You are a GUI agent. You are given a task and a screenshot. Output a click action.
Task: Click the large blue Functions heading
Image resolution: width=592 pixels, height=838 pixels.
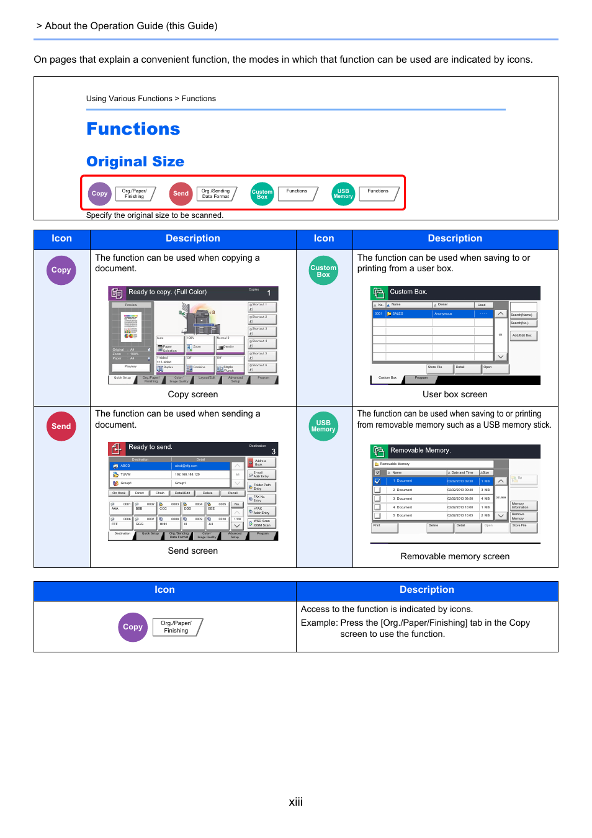(133, 129)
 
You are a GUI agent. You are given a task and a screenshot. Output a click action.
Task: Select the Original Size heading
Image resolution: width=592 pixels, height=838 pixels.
(135, 162)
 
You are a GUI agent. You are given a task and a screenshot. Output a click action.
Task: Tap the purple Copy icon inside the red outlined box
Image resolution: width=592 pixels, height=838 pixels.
(100, 194)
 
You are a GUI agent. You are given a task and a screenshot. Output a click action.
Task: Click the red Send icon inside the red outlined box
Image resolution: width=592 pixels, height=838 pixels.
(181, 194)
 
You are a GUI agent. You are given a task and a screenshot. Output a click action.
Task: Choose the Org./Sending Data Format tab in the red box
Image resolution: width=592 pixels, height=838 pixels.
(216, 194)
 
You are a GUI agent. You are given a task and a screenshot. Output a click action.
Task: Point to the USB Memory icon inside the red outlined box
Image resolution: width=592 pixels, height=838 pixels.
(343, 194)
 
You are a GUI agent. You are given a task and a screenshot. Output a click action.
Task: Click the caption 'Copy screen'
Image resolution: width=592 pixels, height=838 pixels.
(193, 395)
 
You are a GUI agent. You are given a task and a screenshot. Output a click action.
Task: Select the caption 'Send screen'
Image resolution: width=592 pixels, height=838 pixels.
(193, 551)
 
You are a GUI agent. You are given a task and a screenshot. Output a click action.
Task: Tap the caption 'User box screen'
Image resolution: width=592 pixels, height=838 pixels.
(455, 395)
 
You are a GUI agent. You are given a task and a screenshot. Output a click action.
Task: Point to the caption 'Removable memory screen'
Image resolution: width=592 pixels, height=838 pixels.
(455, 557)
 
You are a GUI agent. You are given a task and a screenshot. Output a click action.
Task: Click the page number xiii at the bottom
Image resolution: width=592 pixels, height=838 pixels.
(296, 802)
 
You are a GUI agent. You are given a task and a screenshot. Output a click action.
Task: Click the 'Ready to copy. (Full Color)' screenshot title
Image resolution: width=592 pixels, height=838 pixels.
(168, 292)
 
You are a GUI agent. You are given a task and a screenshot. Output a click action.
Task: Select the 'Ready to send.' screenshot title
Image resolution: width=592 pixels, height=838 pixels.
(150, 448)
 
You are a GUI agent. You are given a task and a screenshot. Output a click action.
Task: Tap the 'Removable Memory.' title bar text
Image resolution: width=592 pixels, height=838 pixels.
(420, 451)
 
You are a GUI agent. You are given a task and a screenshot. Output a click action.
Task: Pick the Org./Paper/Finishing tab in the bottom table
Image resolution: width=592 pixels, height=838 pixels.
(177, 627)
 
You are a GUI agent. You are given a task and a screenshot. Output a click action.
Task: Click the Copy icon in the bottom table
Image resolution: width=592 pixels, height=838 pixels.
(133, 627)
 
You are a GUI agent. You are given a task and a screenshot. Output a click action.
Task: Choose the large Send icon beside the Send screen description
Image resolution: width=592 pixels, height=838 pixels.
(61, 426)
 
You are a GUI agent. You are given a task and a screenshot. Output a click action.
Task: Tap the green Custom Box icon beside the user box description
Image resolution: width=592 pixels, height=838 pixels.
(323, 271)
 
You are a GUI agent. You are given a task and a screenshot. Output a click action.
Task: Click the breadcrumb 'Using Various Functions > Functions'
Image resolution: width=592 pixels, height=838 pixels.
(151, 99)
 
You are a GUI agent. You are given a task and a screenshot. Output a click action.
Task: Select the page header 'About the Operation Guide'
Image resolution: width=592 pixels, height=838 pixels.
(131, 26)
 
